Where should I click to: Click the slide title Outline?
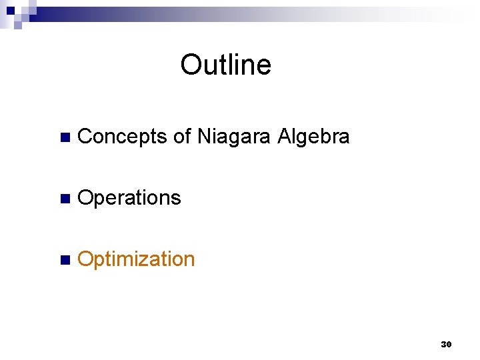click(x=225, y=65)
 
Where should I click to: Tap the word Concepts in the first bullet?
click(x=122, y=137)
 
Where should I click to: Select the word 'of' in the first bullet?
click(x=182, y=137)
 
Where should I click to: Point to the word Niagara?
click(x=234, y=137)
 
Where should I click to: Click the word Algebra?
click(x=313, y=137)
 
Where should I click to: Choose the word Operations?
click(x=129, y=198)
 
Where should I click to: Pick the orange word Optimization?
click(x=136, y=259)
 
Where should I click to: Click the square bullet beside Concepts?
click(x=64, y=138)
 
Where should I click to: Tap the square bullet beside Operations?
click(x=64, y=199)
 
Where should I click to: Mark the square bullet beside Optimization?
click(x=64, y=261)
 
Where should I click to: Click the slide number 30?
click(x=446, y=345)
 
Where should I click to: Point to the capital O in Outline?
click(x=191, y=65)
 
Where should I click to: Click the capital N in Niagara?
click(x=203, y=137)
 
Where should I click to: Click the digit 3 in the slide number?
click(x=443, y=345)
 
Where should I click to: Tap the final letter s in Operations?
click(x=177, y=199)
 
